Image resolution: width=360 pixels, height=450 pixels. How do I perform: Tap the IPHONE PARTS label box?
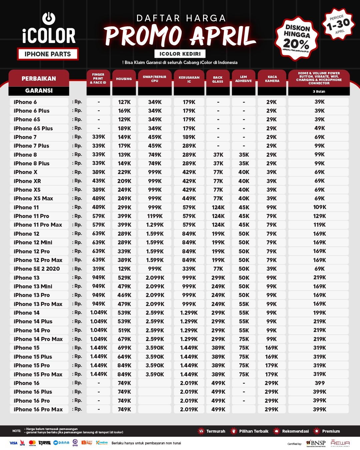[48, 54]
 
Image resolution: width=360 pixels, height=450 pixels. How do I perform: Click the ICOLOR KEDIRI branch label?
[180, 54]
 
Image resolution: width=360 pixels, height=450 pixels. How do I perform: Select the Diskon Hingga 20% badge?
[296, 39]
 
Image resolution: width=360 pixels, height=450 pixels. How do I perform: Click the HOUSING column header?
[124, 79]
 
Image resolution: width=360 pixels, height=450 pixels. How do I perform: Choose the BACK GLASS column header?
[218, 79]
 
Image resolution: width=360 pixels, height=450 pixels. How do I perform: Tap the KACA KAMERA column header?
[272, 79]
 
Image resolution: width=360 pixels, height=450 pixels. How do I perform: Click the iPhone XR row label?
[27, 181]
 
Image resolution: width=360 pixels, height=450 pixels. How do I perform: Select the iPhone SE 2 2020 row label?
[37, 269]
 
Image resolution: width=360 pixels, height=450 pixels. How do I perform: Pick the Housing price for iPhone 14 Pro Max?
[124, 339]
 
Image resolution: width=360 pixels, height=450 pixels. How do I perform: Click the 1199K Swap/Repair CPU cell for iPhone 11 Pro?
[155, 216]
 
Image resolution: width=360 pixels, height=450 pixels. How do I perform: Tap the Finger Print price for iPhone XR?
[99, 181]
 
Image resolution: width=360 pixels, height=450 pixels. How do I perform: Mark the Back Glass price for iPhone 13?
[218, 278]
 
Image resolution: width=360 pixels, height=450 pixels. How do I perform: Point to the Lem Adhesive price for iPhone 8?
[244, 155]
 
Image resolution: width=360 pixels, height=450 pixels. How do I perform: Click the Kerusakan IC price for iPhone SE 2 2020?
[189, 269]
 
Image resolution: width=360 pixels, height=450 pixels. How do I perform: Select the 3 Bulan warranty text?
[319, 91]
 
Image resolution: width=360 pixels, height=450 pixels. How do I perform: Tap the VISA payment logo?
[13, 443]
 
